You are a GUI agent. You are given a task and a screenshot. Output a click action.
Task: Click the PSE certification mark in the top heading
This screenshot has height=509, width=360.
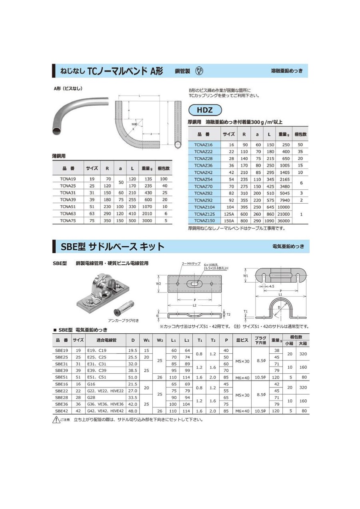coord(199,71)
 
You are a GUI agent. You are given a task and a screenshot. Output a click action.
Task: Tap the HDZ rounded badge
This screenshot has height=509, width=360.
coord(204,110)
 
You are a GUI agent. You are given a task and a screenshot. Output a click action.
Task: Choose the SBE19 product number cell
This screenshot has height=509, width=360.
coord(62,350)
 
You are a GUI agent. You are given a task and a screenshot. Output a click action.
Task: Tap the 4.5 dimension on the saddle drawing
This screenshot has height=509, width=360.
coord(272,287)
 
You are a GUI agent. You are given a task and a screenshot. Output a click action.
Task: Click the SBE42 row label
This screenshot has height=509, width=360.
coord(62,411)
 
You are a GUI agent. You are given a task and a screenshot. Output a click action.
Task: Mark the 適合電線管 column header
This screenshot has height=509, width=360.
coord(106,340)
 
